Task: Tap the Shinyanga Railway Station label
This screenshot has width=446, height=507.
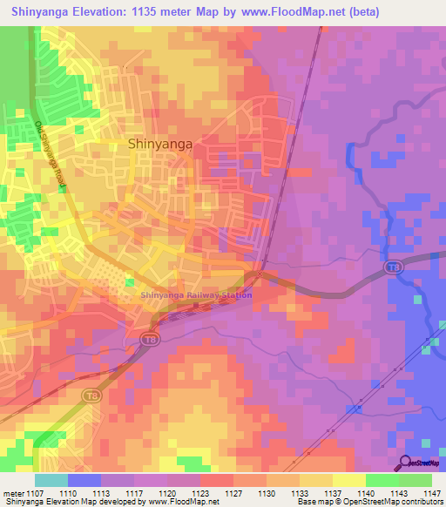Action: click(197, 294)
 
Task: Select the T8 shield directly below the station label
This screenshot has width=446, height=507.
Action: click(151, 339)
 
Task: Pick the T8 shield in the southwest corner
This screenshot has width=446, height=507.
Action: click(91, 395)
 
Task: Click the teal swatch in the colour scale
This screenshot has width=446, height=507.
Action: click(51, 480)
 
